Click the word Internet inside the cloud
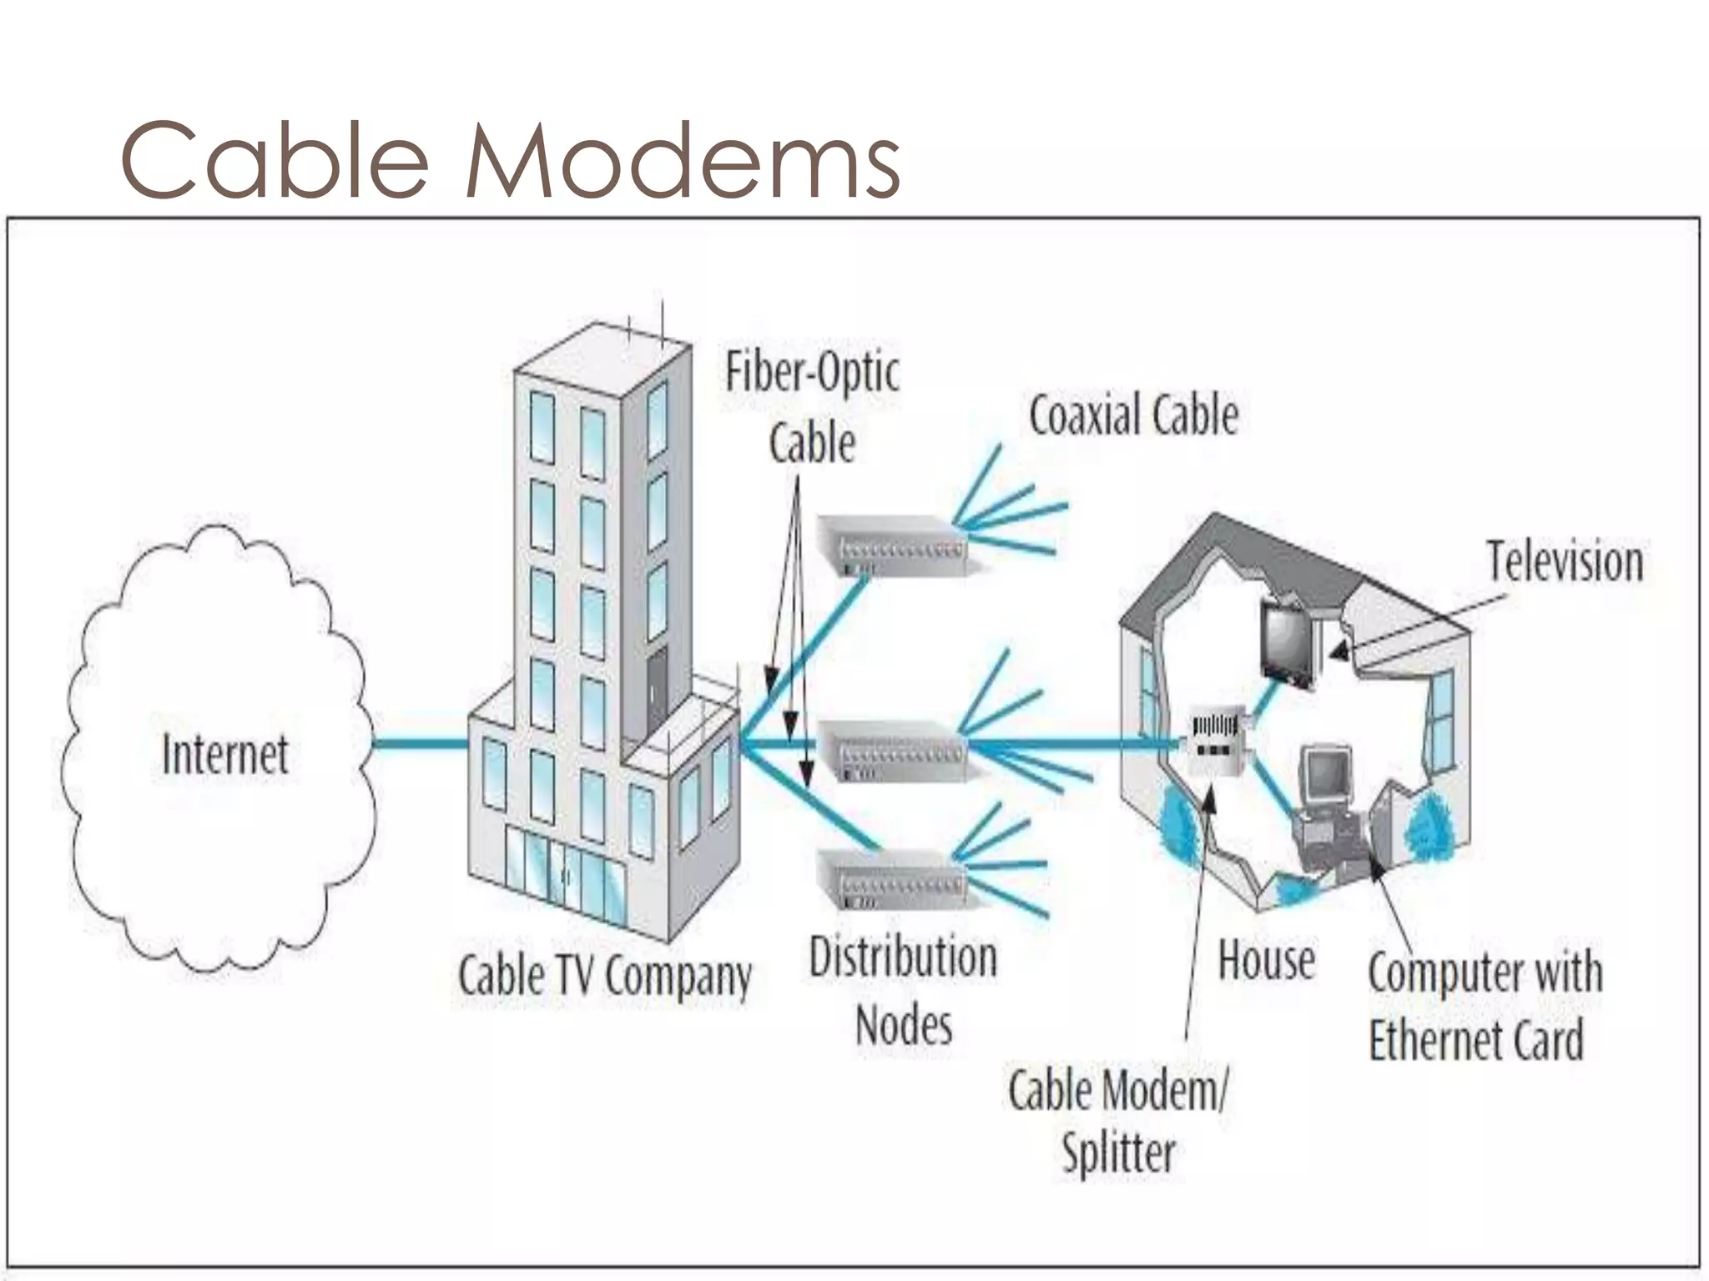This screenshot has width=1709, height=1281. (x=224, y=754)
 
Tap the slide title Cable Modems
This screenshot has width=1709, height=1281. (x=510, y=160)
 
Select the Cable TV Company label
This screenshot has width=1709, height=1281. (x=604, y=975)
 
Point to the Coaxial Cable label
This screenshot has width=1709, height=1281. (x=1133, y=416)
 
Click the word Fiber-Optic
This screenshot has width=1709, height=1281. (x=812, y=373)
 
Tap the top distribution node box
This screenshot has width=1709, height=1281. (x=890, y=545)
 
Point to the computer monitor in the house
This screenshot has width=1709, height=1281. (x=1327, y=776)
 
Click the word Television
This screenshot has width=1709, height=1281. (x=1565, y=562)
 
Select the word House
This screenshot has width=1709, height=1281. (x=1266, y=960)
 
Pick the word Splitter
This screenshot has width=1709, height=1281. (x=1118, y=1154)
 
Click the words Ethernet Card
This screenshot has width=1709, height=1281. (x=1475, y=1040)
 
